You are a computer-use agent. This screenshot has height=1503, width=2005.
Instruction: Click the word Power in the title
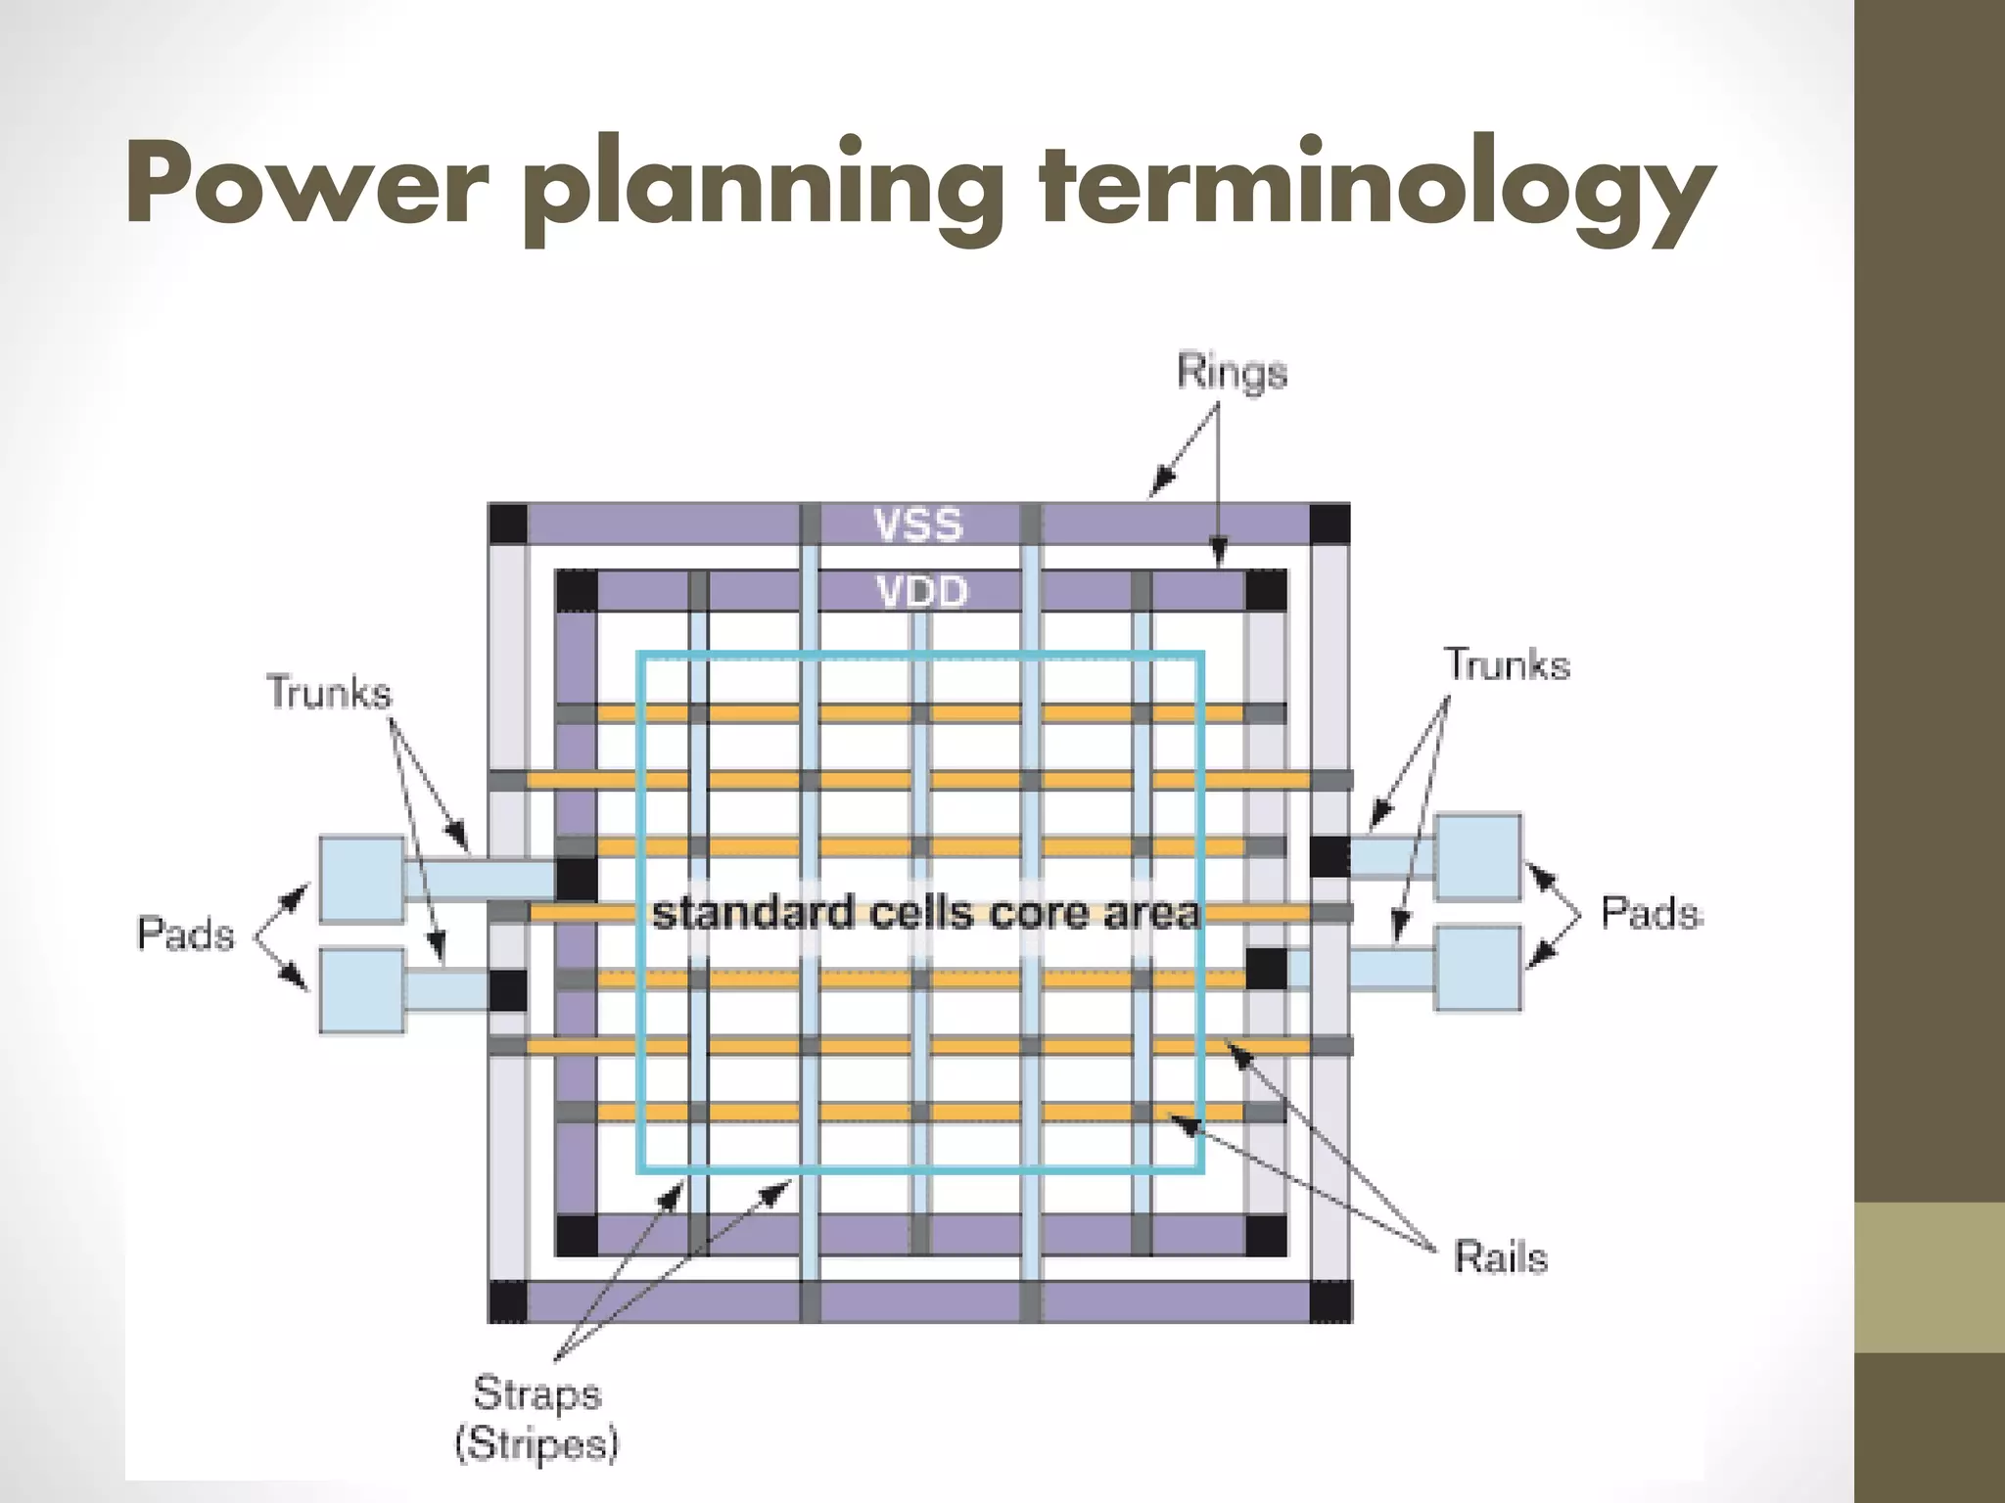(x=305, y=186)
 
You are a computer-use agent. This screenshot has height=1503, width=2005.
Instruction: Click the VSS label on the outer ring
(x=918, y=525)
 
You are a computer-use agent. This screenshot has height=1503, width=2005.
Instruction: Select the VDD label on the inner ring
(x=922, y=592)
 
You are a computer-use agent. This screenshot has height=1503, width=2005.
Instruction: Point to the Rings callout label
(x=1232, y=373)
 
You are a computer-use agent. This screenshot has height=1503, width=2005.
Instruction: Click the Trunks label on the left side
(x=329, y=693)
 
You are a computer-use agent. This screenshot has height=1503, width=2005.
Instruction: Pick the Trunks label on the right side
(x=1508, y=665)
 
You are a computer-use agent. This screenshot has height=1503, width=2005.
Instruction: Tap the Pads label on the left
(x=186, y=934)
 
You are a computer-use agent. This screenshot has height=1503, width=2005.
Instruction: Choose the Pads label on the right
(x=1652, y=913)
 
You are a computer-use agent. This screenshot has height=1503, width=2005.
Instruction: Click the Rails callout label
(x=1500, y=1257)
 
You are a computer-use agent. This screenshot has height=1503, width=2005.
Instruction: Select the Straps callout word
(x=536, y=1393)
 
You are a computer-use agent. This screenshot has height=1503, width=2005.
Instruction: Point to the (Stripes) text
(x=536, y=1444)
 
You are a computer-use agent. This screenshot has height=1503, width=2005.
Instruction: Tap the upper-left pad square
(x=361, y=878)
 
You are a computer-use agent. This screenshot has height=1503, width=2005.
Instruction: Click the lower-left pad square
(x=361, y=989)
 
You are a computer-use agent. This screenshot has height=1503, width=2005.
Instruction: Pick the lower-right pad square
(x=1478, y=968)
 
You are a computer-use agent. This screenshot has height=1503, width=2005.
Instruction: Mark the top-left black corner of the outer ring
(x=507, y=524)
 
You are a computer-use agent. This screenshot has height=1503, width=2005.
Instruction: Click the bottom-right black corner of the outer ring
(x=1329, y=1301)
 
